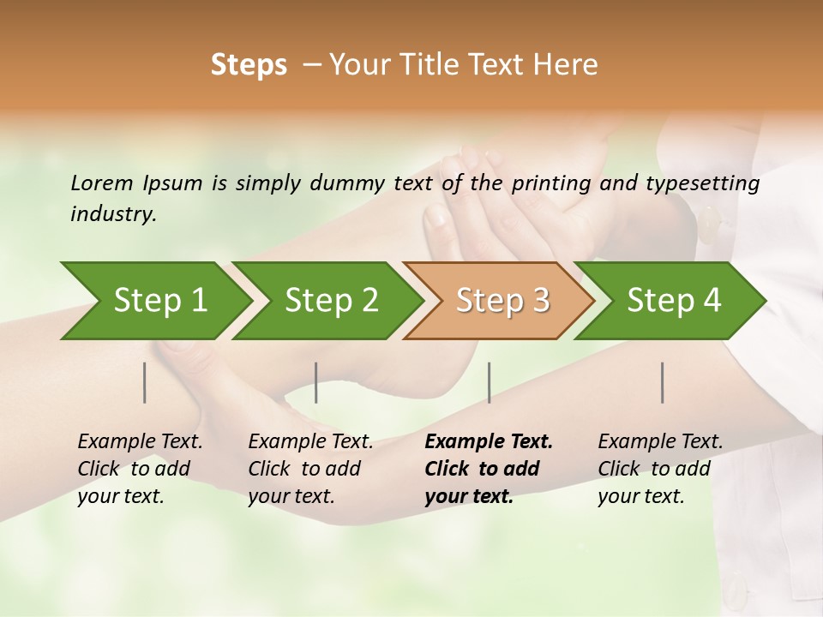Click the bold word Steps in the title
pyautogui.click(x=249, y=65)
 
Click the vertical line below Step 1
pyautogui.click(x=145, y=382)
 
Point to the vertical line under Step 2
pyautogui.click(x=316, y=382)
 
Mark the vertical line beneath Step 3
pyautogui.click(x=489, y=382)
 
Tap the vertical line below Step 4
pyautogui.click(x=663, y=382)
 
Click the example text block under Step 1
pyautogui.click(x=140, y=469)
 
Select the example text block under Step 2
pyautogui.click(x=310, y=469)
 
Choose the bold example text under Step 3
pyautogui.click(x=489, y=469)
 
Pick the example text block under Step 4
pyautogui.click(x=660, y=469)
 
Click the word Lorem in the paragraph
pyautogui.click(x=102, y=183)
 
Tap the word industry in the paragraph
pyautogui.click(x=113, y=214)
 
